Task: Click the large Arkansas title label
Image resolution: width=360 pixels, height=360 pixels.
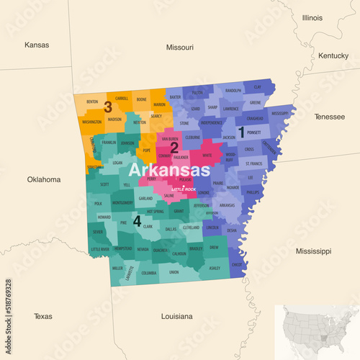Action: pos(169,171)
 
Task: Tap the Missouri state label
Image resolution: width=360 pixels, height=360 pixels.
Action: pos(179,48)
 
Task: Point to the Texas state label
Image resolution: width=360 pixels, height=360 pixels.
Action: pos(42,316)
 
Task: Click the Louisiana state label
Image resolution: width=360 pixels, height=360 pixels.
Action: pos(176,316)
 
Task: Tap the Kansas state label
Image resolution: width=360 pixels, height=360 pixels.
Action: pos(37,45)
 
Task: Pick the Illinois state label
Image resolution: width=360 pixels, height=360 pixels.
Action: pos(312,17)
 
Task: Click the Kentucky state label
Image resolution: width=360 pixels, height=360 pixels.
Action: pos(333,55)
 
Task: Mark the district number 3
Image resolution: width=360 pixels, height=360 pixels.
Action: pos(108,107)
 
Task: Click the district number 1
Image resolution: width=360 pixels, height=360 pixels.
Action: pos(251,130)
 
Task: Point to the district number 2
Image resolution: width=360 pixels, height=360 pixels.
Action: pos(174,148)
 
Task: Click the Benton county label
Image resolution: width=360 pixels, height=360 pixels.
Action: pos(92,102)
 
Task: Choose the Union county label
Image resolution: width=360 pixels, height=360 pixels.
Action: pos(174,272)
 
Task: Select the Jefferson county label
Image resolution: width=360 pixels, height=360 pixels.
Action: pos(202,205)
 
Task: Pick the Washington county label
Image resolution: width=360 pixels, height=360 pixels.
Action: pos(91,122)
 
